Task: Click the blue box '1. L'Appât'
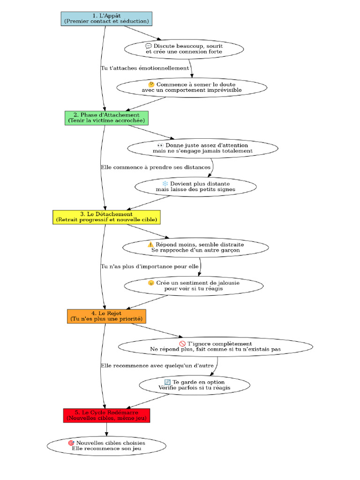click(106, 19)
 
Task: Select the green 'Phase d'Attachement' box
click(106, 118)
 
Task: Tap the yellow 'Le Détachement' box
click(106, 217)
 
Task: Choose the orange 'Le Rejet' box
click(106, 316)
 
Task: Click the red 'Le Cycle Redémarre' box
click(106, 415)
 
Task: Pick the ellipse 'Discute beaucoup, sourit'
click(184, 49)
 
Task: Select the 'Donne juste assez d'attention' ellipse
click(202, 148)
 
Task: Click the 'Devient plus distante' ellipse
click(195, 187)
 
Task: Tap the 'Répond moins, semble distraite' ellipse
click(195, 247)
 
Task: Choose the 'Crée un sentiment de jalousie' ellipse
click(194, 285)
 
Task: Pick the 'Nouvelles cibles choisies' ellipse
click(106, 446)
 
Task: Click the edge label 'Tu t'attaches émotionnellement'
click(145, 68)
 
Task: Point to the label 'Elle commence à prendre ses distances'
click(156, 167)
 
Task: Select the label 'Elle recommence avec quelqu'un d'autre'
click(157, 366)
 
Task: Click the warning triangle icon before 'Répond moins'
click(150, 244)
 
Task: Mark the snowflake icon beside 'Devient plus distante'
click(165, 184)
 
